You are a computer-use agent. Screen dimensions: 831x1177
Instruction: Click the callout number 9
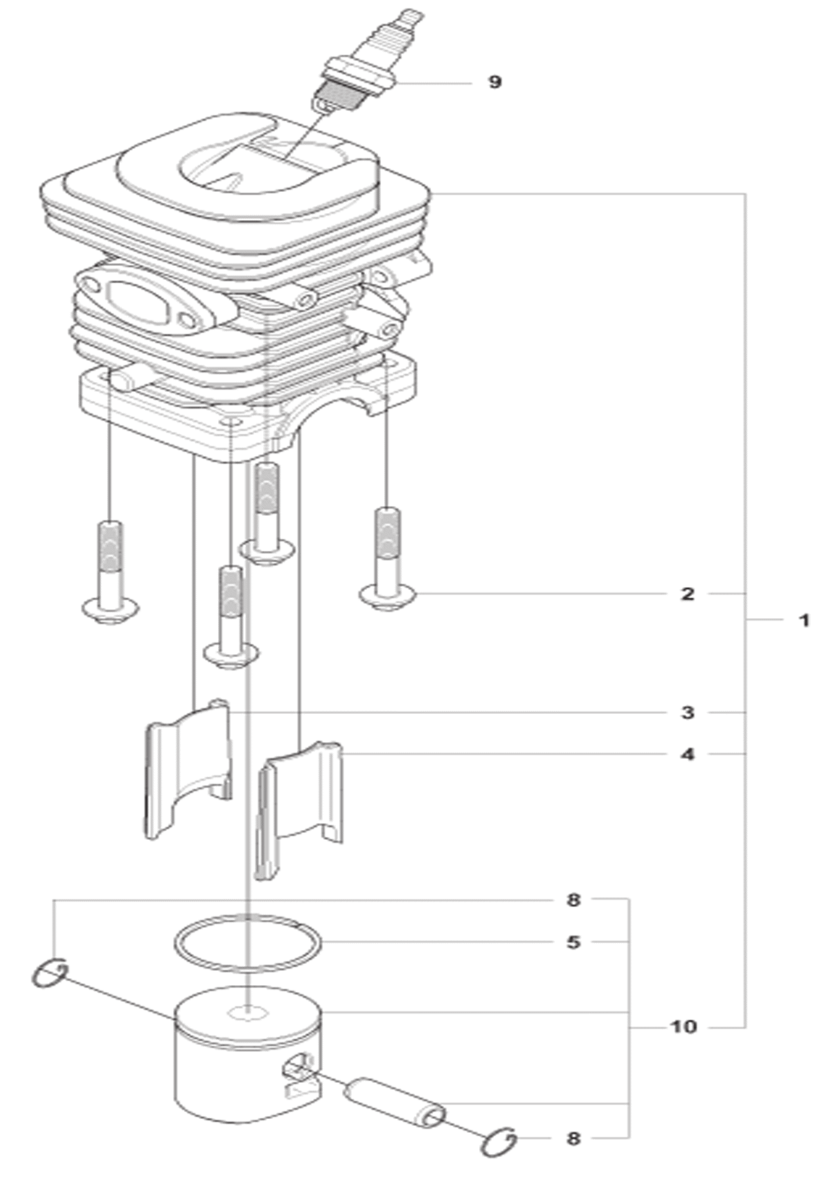pos(495,82)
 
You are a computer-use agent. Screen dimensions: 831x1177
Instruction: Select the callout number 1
pos(804,621)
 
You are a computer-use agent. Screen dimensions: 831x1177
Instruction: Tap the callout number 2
pos(688,594)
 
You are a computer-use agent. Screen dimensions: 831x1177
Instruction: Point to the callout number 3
pos(688,713)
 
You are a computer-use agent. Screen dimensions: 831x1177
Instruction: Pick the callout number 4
pos(688,755)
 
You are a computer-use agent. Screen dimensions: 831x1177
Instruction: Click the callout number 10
pos(683,1026)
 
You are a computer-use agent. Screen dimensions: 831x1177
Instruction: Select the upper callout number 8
pos(573,900)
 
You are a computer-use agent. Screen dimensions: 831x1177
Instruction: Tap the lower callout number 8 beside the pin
pos(573,1138)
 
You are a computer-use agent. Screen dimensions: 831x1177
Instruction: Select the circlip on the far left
pos(50,973)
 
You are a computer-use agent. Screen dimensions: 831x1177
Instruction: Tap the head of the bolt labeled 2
pos(388,597)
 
